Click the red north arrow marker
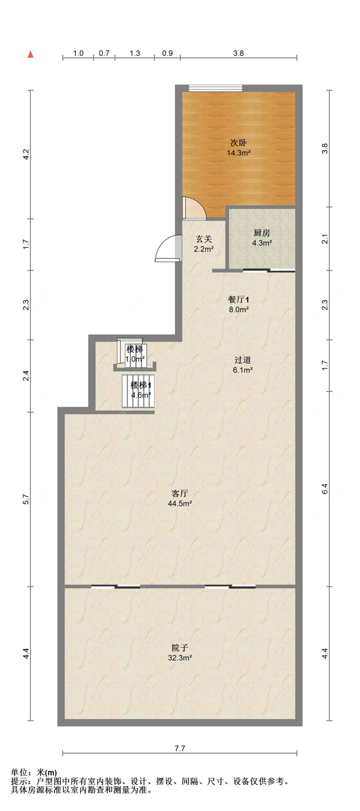(31, 54)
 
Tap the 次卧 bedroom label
(238, 143)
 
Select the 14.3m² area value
(238, 153)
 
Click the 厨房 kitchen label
(262, 233)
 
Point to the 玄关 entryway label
(204, 239)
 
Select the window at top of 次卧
(215, 88)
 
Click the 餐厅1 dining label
(238, 299)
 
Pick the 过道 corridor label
(242, 360)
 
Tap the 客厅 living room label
(180, 493)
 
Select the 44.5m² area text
(180, 503)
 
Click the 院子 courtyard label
(180, 648)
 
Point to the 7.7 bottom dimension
(180, 748)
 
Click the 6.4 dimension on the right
(324, 489)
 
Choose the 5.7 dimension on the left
(26, 499)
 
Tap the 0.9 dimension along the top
(167, 53)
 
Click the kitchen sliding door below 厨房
(269, 271)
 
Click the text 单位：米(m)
(34, 773)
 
